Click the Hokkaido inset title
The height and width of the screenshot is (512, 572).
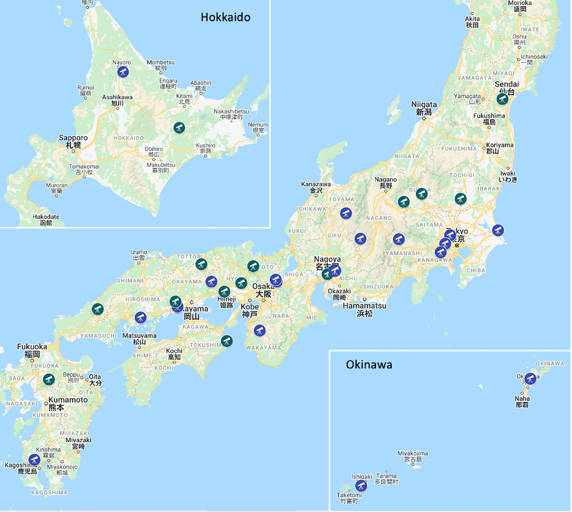pos(225,17)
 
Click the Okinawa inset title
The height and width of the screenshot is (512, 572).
pos(369,365)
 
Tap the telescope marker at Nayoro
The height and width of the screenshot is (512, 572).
pos(123,72)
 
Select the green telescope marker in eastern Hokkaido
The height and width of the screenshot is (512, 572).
pos(179,127)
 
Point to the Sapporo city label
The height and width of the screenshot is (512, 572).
pos(73,141)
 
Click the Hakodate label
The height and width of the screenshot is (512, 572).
pos(46,219)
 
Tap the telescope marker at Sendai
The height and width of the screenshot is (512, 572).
pos(502,99)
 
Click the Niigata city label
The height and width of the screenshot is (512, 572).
pos(424,108)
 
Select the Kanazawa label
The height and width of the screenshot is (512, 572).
pos(316,187)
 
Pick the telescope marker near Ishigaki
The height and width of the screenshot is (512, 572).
pos(361,486)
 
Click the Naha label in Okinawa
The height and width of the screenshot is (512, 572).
pos(522,402)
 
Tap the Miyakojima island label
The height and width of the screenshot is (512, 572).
pos(413,456)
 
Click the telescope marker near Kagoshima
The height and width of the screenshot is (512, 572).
pos(34,460)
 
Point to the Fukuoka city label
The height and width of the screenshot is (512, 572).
pos(32,350)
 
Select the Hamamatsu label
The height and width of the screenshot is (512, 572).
pos(364,309)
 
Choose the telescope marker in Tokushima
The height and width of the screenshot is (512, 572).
pos(227,341)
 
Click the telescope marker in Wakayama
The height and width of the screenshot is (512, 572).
pos(259,331)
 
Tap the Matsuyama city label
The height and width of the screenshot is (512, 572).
pos(139,338)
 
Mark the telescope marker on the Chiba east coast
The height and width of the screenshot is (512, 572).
pos(498,230)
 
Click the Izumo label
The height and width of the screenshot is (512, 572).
pos(139,255)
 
